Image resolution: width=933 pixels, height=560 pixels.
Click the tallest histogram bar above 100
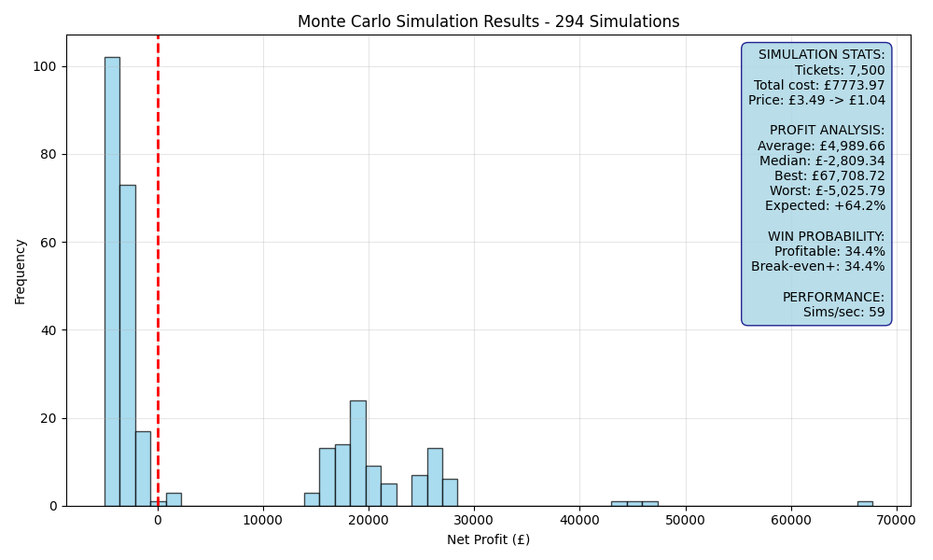(x=113, y=282)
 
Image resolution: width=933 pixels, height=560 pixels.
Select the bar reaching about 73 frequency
(x=128, y=345)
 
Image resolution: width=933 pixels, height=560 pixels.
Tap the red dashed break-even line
(x=158, y=271)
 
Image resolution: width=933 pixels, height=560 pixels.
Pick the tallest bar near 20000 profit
(x=358, y=454)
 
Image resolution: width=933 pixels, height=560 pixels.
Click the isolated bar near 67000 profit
(x=865, y=504)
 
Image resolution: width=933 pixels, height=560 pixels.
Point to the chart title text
(x=489, y=21)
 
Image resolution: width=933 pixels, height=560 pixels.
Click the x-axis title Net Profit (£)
(x=489, y=539)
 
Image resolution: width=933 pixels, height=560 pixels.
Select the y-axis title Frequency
(x=21, y=272)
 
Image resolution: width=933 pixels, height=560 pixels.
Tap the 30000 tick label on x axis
(x=474, y=521)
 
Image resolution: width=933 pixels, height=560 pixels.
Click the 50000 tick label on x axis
(x=686, y=521)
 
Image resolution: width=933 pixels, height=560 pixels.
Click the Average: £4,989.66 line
(x=820, y=146)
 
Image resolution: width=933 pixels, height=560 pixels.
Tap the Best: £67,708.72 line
(x=829, y=176)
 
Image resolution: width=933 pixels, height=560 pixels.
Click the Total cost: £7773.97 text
(x=819, y=85)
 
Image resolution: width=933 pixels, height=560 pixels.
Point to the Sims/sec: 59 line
(x=843, y=312)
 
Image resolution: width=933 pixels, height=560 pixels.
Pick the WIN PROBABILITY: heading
(x=826, y=236)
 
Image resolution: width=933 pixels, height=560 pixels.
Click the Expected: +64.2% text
(x=825, y=206)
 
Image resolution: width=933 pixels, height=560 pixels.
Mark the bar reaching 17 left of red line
(x=144, y=469)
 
